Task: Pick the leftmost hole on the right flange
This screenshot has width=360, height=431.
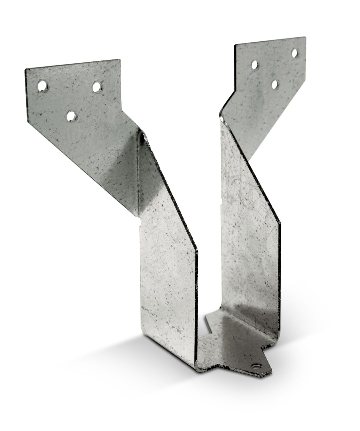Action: pos(264,63)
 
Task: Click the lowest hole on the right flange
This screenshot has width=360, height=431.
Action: pos(275,84)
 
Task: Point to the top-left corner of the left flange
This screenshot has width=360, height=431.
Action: pos(25,70)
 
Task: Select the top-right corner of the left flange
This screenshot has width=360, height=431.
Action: pos(119,60)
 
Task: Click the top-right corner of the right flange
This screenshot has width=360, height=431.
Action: pos(305,37)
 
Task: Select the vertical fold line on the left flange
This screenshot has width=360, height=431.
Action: pos(138,173)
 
